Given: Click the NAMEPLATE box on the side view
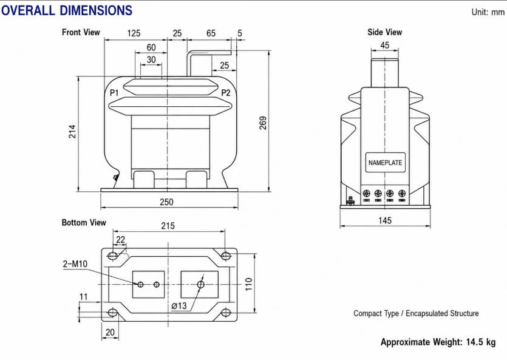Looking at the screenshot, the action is tap(385, 163).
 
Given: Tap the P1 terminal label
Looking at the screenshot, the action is tap(115, 93).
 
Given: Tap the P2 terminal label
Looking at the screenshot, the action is tap(226, 93).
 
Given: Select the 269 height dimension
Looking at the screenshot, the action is tap(263, 123).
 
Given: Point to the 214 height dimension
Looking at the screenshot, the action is tap(72, 132).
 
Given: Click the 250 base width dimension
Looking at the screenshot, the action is tap(166, 202).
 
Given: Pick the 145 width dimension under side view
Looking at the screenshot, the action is tap(385, 220).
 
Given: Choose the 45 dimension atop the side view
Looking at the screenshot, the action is tap(385, 46).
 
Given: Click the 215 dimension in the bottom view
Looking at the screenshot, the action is tap(168, 226).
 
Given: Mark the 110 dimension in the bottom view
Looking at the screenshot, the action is tap(248, 284).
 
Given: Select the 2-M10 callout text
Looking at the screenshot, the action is tap(75, 264).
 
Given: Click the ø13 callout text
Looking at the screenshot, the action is tap(179, 305).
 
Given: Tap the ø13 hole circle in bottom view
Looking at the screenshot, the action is tap(200, 284).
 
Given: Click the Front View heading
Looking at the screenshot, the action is tap(81, 32).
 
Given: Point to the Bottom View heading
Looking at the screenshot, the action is tap(84, 222).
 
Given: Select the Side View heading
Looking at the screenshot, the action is tap(385, 32).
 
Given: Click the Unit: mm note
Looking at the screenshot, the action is tap(488, 12).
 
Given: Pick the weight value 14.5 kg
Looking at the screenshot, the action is tap(481, 342).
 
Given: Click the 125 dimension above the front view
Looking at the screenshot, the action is tap(134, 33).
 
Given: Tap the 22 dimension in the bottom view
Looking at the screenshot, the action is tap(120, 239).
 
